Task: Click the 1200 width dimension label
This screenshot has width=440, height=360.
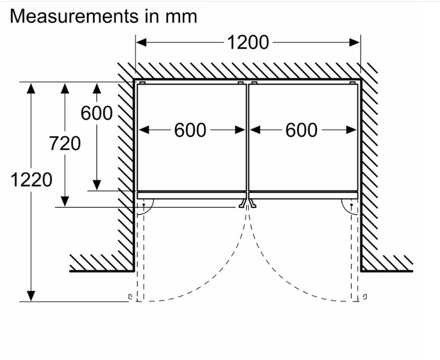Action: click(247, 42)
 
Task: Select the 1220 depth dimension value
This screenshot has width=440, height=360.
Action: click(31, 179)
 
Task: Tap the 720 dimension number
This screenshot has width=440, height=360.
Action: click(65, 144)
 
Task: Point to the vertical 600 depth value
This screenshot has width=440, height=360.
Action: click(97, 113)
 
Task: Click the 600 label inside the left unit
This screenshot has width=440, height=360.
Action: click(190, 131)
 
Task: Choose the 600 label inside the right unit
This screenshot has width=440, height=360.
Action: click(302, 131)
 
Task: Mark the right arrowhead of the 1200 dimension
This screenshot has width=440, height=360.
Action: click(355, 42)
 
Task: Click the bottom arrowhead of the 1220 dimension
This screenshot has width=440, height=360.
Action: click(31, 296)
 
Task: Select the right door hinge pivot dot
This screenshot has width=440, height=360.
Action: click(351, 205)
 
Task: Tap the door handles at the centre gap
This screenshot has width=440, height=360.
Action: click(248, 203)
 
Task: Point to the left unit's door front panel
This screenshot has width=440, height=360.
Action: click(192, 195)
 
